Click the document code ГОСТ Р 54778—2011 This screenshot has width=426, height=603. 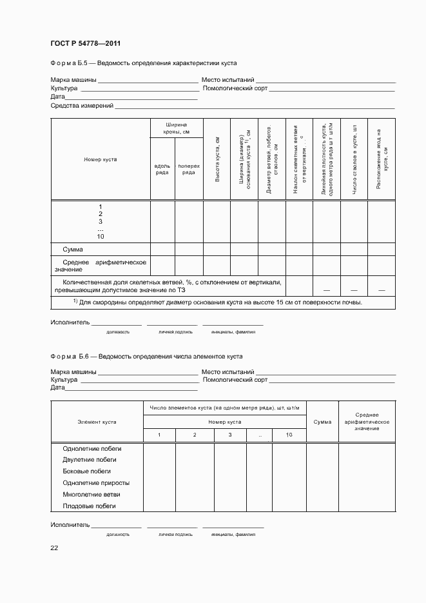click(x=86, y=44)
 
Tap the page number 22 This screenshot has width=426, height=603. click(x=54, y=548)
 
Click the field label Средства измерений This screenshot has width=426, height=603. click(x=82, y=105)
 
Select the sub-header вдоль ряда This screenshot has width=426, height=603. click(x=162, y=169)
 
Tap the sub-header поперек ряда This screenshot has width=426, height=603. click(x=189, y=169)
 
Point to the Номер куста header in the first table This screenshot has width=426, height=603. click(x=100, y=159)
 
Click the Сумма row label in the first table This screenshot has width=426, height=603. click(x=72, y=249)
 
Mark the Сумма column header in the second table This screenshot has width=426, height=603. click(x=322, y=422)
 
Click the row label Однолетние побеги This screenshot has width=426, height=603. click(x=92, y=448)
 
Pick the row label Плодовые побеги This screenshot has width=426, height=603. click(x=89, y=506)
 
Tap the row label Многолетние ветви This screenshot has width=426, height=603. click(x=92, y=495)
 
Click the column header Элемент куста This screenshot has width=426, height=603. click(x=97, y=422)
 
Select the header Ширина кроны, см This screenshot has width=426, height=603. click(x=176, y=128)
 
